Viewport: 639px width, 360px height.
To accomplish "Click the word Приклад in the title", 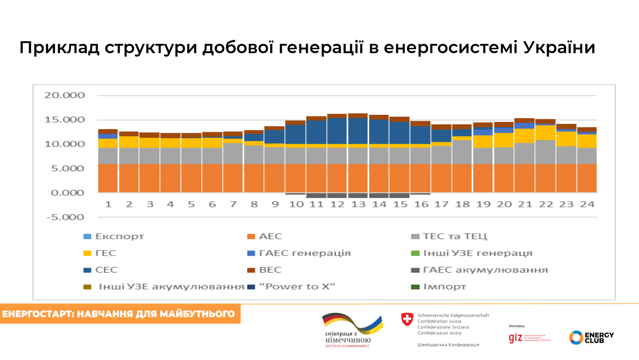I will (x=59, y=48).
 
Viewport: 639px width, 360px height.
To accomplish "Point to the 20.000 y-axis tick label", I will (x=64, y=95).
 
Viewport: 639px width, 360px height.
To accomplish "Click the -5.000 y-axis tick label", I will (x=65, y=217).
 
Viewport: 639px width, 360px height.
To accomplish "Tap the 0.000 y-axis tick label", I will (x=67, y=193).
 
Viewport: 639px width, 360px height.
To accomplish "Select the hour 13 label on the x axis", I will (x=358, y=205).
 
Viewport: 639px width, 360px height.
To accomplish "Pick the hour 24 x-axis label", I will (x=587, y=205).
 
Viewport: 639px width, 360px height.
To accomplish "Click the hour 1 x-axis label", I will (x=108, y=205).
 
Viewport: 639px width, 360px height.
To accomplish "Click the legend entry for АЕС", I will (x=270, y=236).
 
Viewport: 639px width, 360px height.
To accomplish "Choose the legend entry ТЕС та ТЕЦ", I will (x=454, y=236).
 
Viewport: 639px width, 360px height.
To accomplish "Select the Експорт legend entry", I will (x=119, y=236).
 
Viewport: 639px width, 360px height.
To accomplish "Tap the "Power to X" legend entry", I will (x=297, y=287).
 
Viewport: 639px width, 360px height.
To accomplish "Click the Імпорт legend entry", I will (x=444, y=287).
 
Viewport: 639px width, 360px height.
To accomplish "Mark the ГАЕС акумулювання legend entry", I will (x=485, y=270).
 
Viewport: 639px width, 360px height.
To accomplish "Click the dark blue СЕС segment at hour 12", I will (x=337, y=131).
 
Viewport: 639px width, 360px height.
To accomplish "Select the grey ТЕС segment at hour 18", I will (x=462, y=152).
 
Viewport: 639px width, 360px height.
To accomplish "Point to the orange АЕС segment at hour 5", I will (x=191, y=178).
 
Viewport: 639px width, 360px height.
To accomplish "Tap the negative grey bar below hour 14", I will (x=379, y=196).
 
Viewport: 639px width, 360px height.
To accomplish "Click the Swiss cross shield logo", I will (x=407, y=319).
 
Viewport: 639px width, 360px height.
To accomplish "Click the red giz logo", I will (x=515, y=337).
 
